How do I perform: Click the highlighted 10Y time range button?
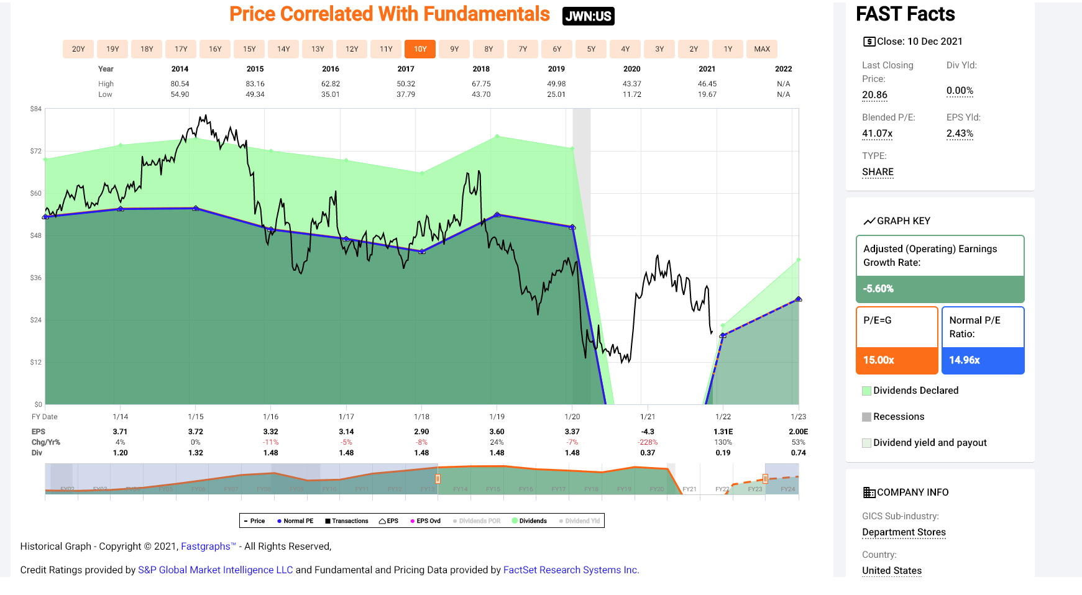(420, 49)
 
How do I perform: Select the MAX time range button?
(762, 49)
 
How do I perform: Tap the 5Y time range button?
(591, 49)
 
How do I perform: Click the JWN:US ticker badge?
(588, 16)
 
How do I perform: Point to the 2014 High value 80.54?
(180, 84)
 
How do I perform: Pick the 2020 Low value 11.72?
(631, 94)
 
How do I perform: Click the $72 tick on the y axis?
(36, 151)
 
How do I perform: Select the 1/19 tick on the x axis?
(497, 417)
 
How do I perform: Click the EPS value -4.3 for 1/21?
(648, 432)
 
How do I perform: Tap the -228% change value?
(648, 442)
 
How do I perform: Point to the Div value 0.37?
(648, 453)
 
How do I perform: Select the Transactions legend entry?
(347, 521)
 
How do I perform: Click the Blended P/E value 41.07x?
(877, 134)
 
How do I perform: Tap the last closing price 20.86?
(874, 95)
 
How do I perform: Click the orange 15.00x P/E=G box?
(896, 360)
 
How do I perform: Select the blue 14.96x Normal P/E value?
(965, 360)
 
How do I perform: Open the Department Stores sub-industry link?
(904, 532)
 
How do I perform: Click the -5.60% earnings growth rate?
(878, 289)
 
